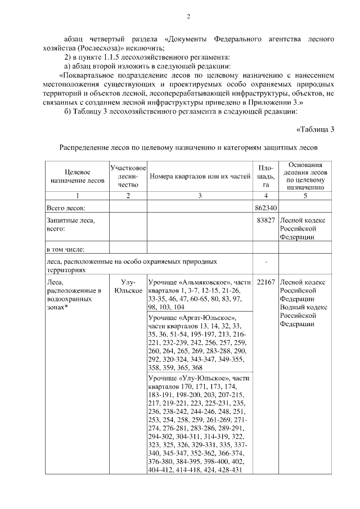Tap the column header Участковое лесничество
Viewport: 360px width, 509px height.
(128, 176)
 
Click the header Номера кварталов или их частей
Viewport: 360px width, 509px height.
(199, 176)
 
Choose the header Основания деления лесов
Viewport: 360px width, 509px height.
(305, 168)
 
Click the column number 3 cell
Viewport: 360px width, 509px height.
(199, 195)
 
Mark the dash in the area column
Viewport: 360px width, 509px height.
(266, 262)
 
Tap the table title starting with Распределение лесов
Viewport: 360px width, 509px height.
(188, 147)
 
